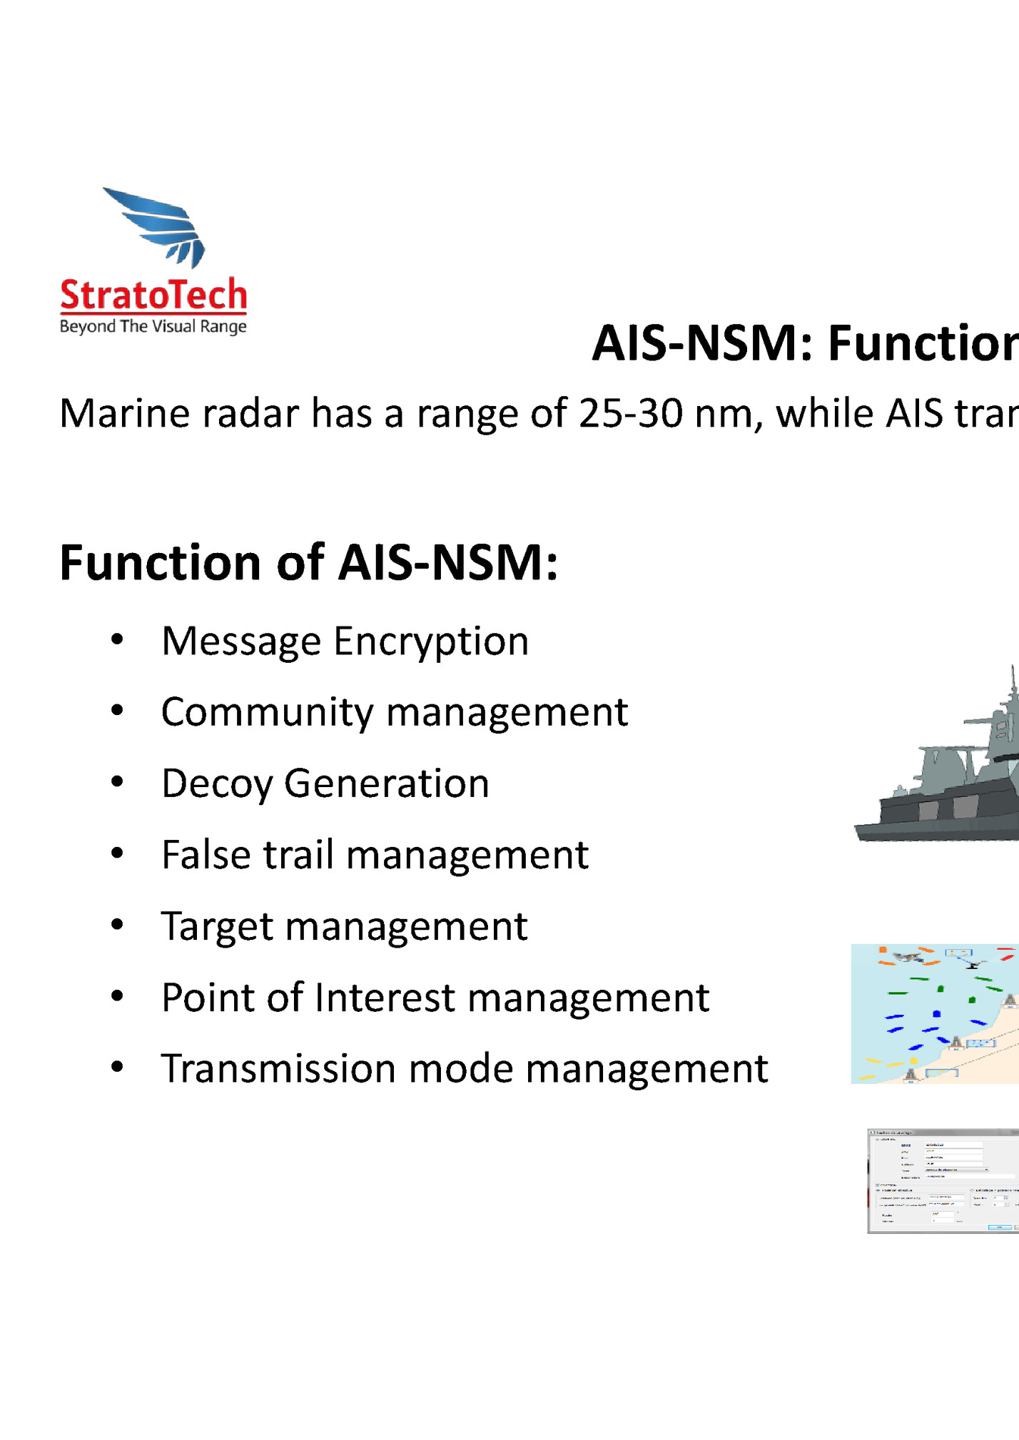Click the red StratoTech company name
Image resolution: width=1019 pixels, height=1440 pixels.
[x=153, y=295]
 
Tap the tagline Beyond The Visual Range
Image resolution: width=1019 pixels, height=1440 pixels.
[x=153, y=327]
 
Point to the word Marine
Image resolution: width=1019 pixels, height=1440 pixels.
[x=124, y=413]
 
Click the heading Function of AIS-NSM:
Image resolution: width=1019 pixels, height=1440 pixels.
[x=308, y=562]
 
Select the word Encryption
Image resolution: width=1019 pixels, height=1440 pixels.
[x=431, y=642]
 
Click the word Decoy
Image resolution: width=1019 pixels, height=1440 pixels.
[x=217, y=784]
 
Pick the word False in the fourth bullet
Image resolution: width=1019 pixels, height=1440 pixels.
[x=206, y=854]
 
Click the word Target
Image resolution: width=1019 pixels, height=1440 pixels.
[x=218, y=926]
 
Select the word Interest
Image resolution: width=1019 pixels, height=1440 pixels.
[x=384, y=997]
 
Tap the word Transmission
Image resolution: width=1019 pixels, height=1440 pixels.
[x=278, y=1068]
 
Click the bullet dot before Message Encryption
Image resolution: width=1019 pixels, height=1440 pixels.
[x=118, y=639]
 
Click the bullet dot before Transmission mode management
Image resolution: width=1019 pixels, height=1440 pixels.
[x=118, y=1067]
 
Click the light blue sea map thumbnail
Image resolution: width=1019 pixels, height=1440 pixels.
[x=935, y=1013]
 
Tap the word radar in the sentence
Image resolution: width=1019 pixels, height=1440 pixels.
[x=250, y=413]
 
